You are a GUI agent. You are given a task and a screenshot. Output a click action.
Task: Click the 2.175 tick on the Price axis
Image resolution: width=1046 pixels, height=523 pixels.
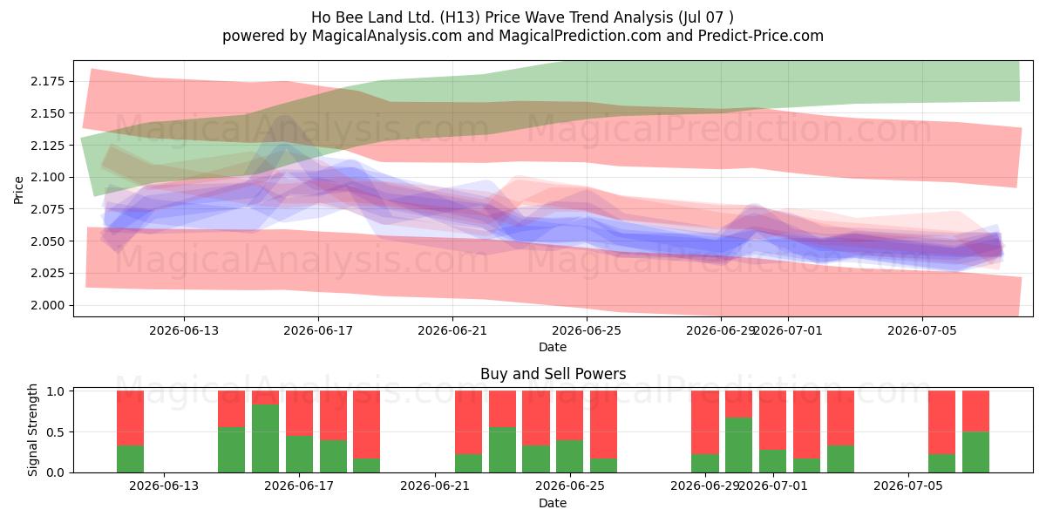click(x=48, y=81)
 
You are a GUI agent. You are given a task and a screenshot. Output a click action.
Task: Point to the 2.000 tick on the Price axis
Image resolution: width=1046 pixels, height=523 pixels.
click(x=48, y=305)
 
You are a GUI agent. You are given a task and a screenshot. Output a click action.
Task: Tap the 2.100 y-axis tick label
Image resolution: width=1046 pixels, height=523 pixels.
click(x=48, y=177)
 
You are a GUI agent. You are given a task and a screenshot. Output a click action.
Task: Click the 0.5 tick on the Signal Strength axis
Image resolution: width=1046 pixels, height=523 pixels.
click(x=56, y=432)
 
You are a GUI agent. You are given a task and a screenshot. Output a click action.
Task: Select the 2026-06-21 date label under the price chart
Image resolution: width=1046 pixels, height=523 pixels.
click(x=452, y=330)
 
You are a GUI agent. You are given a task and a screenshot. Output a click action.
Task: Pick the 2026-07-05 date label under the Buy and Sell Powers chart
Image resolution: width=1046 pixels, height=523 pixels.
click(x=908, y=486)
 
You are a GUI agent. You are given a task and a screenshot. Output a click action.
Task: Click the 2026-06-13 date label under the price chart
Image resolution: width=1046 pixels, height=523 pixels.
click(x=184, y=330)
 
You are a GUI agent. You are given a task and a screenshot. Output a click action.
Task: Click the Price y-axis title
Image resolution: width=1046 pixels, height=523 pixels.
click(x=18, y=190)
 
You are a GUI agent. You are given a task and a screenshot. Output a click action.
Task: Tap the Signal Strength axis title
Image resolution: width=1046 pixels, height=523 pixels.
click(x=32, y=430)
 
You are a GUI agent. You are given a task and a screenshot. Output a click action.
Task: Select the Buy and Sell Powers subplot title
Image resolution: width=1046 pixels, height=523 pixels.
click(x=553, y=374)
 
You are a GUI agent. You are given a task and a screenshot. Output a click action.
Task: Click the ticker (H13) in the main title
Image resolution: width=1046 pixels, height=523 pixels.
click(x=460, y=17)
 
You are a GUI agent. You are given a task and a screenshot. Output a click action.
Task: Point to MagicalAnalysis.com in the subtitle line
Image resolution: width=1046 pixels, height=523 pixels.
click(x=387, y=36)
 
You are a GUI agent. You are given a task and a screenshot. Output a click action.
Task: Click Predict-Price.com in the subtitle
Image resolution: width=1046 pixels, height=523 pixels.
click(x=761, y=36)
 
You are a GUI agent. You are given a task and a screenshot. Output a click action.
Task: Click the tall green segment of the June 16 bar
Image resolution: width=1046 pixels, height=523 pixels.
click(x=265, y=438)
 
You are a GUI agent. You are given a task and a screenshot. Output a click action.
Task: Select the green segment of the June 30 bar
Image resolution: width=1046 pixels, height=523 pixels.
click(x=739, y=445)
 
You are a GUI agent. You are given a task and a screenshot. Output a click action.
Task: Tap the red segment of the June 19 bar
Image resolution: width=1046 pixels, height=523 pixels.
click(x=367, y=425)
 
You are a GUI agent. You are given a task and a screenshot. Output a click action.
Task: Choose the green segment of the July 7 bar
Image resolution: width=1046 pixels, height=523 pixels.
click(x=975, y=452)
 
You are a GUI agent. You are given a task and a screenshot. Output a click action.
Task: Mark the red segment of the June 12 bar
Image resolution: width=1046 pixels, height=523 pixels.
click(x=130, y=418)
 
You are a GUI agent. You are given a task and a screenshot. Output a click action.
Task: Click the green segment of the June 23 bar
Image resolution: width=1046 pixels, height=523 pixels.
click(x=502, y=450)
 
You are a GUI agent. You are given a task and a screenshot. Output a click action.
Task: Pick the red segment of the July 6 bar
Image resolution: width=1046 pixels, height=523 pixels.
click(x=942, y=423)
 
